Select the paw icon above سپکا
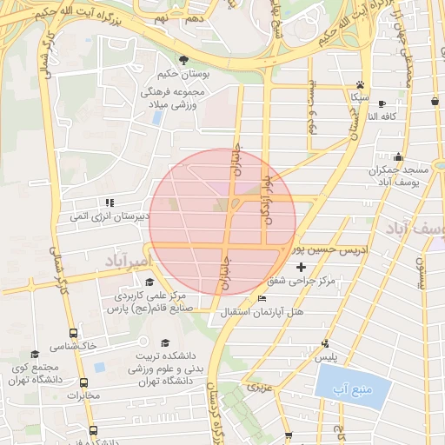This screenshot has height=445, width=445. coord(360,85)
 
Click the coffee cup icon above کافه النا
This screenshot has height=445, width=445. coord(434,101)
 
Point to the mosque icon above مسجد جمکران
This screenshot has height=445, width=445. coord(398,157)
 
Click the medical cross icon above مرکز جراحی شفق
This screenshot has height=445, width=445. coord(302,267)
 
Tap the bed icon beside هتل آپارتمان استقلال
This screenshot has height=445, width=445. coord(262,298)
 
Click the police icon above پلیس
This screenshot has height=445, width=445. coord(325,343)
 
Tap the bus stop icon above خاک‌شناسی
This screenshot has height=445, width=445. coord(72,333)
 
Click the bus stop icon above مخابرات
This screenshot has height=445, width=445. coord(84,383)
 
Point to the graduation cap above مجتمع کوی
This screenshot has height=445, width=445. coord(35,354)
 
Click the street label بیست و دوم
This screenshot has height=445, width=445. coord(311,111)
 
